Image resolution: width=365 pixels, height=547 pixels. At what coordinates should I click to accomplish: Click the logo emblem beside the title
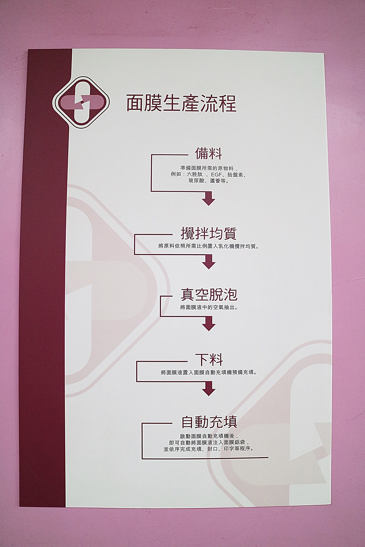point(81,102)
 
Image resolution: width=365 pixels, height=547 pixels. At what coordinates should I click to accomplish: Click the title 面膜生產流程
point(182,103)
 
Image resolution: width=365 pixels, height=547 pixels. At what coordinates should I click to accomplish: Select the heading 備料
point(208,153)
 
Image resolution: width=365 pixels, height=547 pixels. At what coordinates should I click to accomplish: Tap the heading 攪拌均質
point(209,233)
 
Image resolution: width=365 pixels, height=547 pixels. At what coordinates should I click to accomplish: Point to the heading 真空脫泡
point(209,295)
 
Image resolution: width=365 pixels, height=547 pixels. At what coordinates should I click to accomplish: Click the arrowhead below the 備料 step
point(209,199)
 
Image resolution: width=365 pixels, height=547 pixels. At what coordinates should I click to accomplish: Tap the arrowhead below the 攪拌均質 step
point(209,262)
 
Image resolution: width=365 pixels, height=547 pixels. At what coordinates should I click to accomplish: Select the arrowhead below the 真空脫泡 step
point(209,324)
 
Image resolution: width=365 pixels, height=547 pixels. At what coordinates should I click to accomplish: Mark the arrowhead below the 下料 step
point(209,389)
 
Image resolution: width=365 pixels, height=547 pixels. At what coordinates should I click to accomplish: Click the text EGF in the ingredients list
point(217,174)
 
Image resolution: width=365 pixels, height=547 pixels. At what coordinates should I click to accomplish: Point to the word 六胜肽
point(195,174)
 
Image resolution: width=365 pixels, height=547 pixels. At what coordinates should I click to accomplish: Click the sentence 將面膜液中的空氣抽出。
point(209,307)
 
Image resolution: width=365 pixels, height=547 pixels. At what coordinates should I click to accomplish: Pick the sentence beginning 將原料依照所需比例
point(209,246)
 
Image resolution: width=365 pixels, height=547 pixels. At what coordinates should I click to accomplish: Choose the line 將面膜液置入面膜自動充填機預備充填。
point(209,372)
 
